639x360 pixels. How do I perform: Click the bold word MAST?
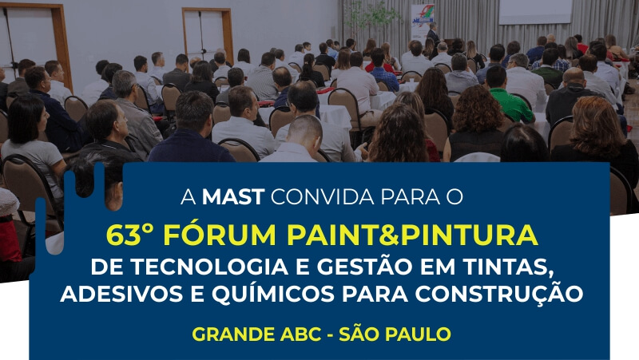[233, 196]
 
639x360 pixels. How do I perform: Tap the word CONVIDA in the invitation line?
[323, 196]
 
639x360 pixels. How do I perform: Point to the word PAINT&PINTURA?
[412, 235]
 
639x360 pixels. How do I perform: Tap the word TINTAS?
[509, 267]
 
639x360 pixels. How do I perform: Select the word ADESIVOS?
[121, 294]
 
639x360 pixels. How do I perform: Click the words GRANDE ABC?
[256, 334]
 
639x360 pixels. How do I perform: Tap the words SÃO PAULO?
[395, 333]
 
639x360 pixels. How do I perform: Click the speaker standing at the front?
[432, 34]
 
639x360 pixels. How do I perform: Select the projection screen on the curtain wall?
[535, 11]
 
